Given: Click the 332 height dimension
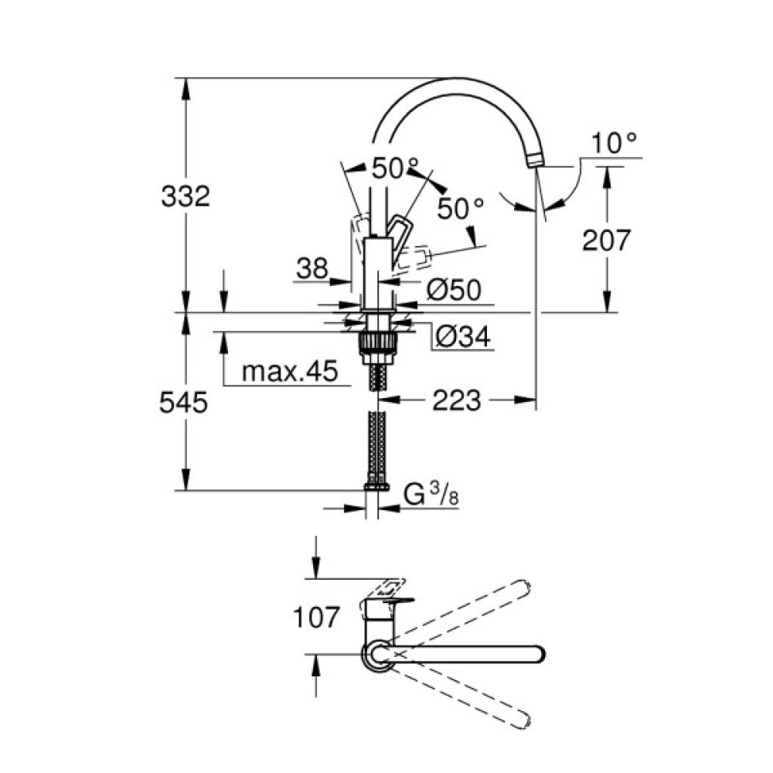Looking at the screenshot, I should [x=186, y=196].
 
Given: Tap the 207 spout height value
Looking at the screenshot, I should [x=607, y=240].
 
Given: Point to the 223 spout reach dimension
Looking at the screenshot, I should [x=456, y=400].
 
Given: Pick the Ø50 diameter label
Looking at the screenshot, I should [x=454, y=290].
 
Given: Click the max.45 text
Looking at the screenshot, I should [x=290, y=373].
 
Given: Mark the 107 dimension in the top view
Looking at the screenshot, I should [x=316, y=617].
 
